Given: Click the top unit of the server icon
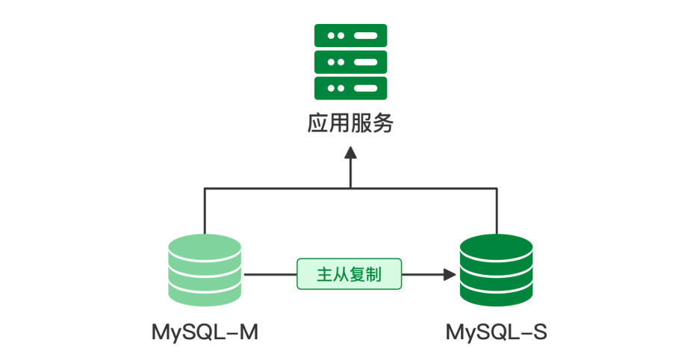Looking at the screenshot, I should pos(350,35).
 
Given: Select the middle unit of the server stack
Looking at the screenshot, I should pos(350,61).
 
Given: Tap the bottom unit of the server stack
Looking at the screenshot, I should pos(350,87).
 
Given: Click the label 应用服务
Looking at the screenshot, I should pos(350,123).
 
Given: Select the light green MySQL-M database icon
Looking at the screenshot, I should pos(205,270).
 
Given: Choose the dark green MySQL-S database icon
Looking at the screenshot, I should pos(496,270).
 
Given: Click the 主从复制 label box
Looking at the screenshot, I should pos(349,274).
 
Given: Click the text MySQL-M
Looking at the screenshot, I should pos(205,332).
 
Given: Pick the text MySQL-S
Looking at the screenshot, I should pos(496,332).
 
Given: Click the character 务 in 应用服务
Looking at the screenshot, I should pos(382,123).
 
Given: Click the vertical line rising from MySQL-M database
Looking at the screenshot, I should pos(205,213).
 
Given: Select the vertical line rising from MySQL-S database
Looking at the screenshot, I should pos(496,213).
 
